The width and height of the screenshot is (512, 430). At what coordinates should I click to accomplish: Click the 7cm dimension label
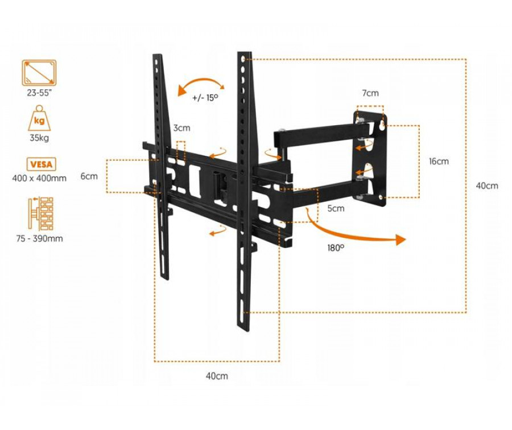(x=370, y=93)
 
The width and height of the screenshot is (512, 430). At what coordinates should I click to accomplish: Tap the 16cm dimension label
(x=439, y=162)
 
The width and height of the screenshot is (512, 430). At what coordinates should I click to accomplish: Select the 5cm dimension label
(x=336, y=208)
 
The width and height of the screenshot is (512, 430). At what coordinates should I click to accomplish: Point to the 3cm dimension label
(x=181, y=128)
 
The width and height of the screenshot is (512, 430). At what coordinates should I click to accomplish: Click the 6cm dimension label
(x=89, y=176)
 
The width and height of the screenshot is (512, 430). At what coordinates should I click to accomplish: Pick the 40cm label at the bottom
(x=217, y=376)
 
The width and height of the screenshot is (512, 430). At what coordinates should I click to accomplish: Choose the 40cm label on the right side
(x=487, y=186)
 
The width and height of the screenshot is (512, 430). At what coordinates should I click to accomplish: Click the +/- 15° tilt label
(x=205, y=98)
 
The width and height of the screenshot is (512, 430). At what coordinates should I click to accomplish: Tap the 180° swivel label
(x=336, y=248)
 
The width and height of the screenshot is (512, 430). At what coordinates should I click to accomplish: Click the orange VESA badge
(x=41, y=164)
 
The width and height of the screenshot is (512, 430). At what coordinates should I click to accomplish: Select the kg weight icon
(x=39, y=118)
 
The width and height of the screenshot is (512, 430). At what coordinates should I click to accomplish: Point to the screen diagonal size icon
(x=39, y=73)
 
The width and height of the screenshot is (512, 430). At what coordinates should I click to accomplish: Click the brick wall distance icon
(x=41, y=214)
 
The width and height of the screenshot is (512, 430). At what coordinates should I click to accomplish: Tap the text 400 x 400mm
(x=39, y=178)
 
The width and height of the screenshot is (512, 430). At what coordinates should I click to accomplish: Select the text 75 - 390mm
(x=39, y=238)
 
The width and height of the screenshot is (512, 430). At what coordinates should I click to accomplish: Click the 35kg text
(x=39, y=138)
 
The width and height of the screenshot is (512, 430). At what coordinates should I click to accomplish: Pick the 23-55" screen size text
(x=39, y=93)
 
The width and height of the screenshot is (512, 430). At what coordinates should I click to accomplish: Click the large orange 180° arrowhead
(x=400, y=239)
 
